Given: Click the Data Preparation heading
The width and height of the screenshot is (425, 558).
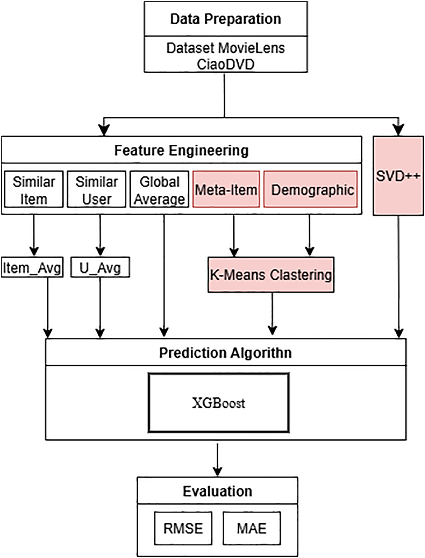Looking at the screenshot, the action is (x=226, y=19).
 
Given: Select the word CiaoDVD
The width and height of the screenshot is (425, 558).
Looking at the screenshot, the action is (x=226, y=64).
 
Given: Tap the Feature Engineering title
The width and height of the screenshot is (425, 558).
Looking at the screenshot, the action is (x=181, y=150).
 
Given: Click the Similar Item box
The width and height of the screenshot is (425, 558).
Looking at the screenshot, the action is (x=34, y=189).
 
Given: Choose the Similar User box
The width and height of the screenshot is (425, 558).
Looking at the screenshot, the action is (x=97, y=189).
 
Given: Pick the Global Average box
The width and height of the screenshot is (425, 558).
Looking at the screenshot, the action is (x=159, y=189).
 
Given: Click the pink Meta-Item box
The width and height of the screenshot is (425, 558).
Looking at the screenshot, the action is (x=226, y=189).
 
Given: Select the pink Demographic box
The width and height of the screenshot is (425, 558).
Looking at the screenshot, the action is (x=310, y=189).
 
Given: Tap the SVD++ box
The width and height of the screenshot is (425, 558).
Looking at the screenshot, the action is (x=398, y=176).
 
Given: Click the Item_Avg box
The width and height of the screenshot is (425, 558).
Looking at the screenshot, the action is (x=32, y=267).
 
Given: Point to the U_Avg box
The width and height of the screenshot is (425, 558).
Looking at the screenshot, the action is (x=100, y=267).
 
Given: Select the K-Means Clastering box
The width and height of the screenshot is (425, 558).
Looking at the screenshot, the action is (x=271, y=275).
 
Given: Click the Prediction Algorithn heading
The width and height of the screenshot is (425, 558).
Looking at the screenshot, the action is (x=226, y=353).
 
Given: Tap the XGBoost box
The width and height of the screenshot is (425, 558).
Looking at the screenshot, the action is (x=219, y=403).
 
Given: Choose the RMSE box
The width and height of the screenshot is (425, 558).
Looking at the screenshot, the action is (x=183, y=528).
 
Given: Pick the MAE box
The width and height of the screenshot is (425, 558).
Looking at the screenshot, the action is (x=251, y=528).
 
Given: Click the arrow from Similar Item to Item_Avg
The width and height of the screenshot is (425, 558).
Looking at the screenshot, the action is (x=34, y=235).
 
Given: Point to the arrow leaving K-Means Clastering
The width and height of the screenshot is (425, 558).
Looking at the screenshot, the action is (x=272, y=314).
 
